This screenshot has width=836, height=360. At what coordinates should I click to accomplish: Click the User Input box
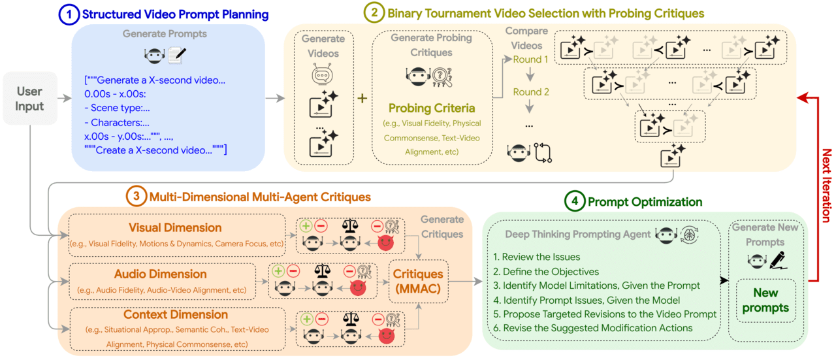coord(29,99)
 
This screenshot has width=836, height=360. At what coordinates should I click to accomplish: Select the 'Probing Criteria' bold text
coord(432,108)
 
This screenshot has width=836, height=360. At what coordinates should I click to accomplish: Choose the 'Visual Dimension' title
coord(176,228)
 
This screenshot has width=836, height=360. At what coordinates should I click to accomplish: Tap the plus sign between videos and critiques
coord(362,99)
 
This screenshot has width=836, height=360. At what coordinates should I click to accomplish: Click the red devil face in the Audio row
coord(357,288)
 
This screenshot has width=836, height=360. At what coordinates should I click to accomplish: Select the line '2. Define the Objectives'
coord(546,271)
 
